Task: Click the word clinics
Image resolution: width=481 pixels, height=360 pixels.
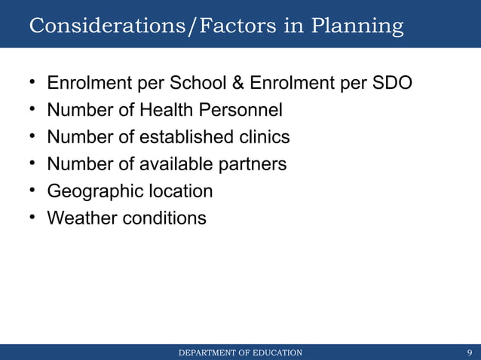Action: (x=264, y=137)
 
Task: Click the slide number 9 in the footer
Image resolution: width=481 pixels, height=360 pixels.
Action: (x=470, y=352)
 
